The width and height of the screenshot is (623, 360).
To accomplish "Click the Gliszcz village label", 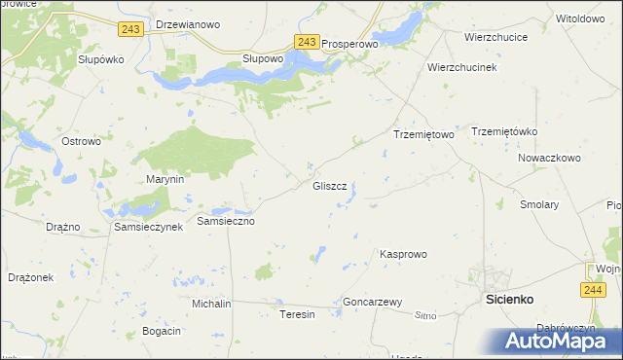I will pyautogui.click(x=329, y=185).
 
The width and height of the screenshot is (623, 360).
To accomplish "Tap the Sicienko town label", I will pyautogui.click(x=509, y=301).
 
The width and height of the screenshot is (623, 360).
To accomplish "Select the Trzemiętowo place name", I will pyautogui.click(x=423, y=134).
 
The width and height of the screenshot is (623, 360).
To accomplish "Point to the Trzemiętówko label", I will pyautogui.click(x=504, y=131).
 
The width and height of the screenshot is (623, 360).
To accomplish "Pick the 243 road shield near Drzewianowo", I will pyautogui.click(x=131, y=29).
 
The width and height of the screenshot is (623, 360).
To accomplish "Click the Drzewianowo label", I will pyautogui.click(x=188, y=24).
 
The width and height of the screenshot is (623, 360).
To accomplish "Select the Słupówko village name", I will pyautogui.click(x=101, y=59).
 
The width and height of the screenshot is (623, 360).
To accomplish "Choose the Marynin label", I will pyautogui.click(x=165, y=180).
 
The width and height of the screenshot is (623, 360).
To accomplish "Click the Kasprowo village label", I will pyautogui.click(x=403, y=254).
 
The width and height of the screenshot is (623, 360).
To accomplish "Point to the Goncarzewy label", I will pyautogui.click(x=373, y=303).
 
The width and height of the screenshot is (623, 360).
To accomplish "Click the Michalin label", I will pyautogui.click(x=211, y=304).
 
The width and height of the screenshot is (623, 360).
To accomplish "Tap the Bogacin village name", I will pyautogui.click(x=162, y=332).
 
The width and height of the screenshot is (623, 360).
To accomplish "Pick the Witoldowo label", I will pyautogui.click(x=580, y=18).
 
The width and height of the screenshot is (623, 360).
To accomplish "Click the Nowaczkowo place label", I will pyautogui.click(x=549, y=157).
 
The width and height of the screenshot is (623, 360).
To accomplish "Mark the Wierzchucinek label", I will pyautogui.click(x=462, y=68).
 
